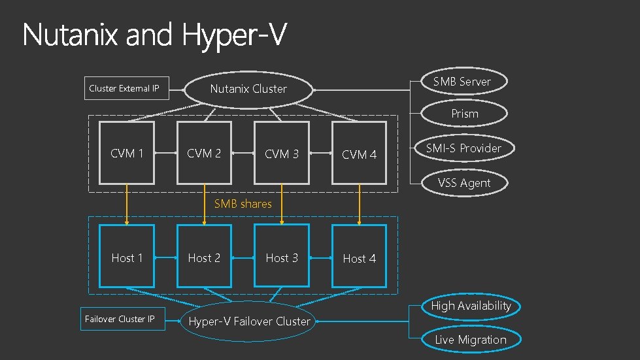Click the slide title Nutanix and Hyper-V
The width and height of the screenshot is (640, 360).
pyautogui.click(x=154, y=35)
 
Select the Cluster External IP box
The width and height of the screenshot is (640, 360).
pyautogui.click(x=124, y=88)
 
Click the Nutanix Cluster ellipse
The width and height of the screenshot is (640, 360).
pyautogui.click(x=248, y=89)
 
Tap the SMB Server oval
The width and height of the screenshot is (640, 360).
pyautogui.click(x=462, y=82)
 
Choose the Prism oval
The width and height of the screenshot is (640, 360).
pyautogui.click(x=465, y=114)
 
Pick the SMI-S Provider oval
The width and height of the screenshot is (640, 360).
pyautogui.click(x=463, y=148)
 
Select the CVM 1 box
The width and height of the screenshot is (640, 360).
pyautogui.click(x=127, y=153)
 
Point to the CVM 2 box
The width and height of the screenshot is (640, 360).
pyautogui.click(x=204, y=153)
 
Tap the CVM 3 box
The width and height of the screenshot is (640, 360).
pyautogui.click(x=282, y=154)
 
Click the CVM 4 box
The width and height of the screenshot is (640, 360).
pyautogui.click(x=359, y=154)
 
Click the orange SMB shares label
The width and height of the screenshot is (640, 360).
pyautogui.click(x=243, y=204)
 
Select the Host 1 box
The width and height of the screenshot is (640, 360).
pyautogui.click(x=127, y=257)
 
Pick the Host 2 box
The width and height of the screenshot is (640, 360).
pyautogui.click(x=204, y=257)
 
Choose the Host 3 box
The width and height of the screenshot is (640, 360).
pyautogui.click(x=282, y=257)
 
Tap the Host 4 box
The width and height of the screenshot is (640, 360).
pyautogui.click(x=359, y=257)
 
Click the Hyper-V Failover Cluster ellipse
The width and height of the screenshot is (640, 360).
pyautogui.click(x=249, y=321)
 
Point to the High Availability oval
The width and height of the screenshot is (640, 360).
pyautogui.click(x=471, y=306)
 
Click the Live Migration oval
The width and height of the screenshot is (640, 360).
pyautogui.click(x=471, y=340)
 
